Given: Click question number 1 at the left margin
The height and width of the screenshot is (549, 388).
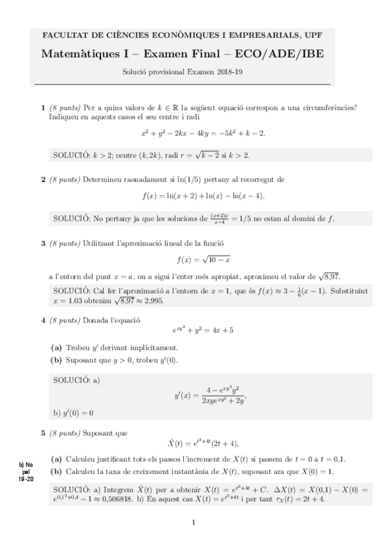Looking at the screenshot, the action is (43, 107).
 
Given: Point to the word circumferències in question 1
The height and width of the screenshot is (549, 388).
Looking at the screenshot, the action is (330, 107).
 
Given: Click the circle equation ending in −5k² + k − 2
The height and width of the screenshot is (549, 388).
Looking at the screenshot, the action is (203, 133).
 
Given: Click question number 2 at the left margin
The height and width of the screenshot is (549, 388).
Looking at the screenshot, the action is (43, 179).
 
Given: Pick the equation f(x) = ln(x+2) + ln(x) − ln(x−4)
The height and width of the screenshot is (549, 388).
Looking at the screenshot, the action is (203, 196).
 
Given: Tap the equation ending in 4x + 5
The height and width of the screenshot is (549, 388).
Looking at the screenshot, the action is (203, 330).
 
